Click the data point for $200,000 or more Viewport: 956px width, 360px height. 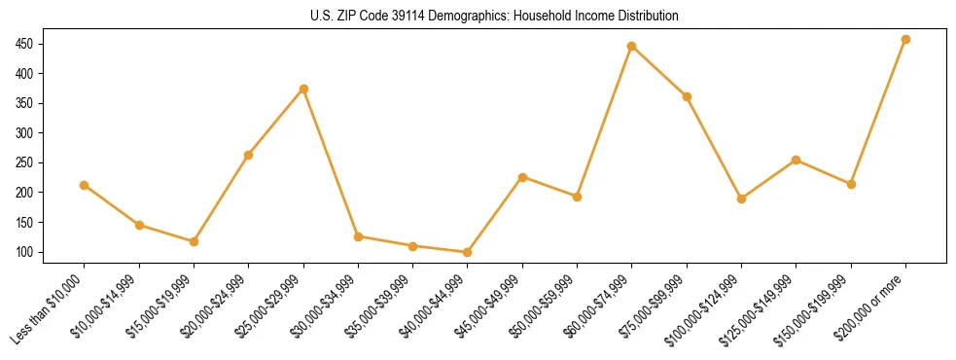pos(905,40)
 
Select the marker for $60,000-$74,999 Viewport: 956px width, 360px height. pos(632,46)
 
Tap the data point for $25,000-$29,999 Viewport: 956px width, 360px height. pos(303,89)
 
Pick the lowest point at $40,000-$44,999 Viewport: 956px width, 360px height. pos(468,252)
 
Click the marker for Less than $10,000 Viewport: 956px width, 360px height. pos(85,185)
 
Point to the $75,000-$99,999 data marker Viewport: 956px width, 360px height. pos(687,96)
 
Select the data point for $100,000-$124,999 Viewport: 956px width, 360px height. pos(741,198)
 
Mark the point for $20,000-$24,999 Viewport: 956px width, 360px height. pos(249,155)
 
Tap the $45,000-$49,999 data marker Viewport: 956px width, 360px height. pos(522,177)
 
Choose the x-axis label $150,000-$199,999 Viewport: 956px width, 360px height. pos(818,306)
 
